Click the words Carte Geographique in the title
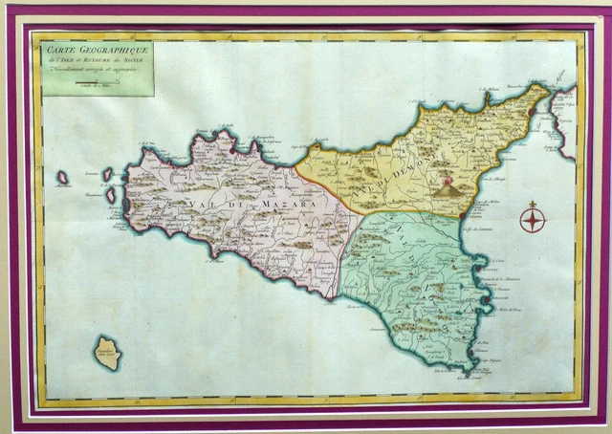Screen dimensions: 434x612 94,50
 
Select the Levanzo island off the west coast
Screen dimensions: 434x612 107,174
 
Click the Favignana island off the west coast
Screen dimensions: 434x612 111,195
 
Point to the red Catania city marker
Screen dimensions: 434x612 462,215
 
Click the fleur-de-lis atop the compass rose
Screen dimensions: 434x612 532,205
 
